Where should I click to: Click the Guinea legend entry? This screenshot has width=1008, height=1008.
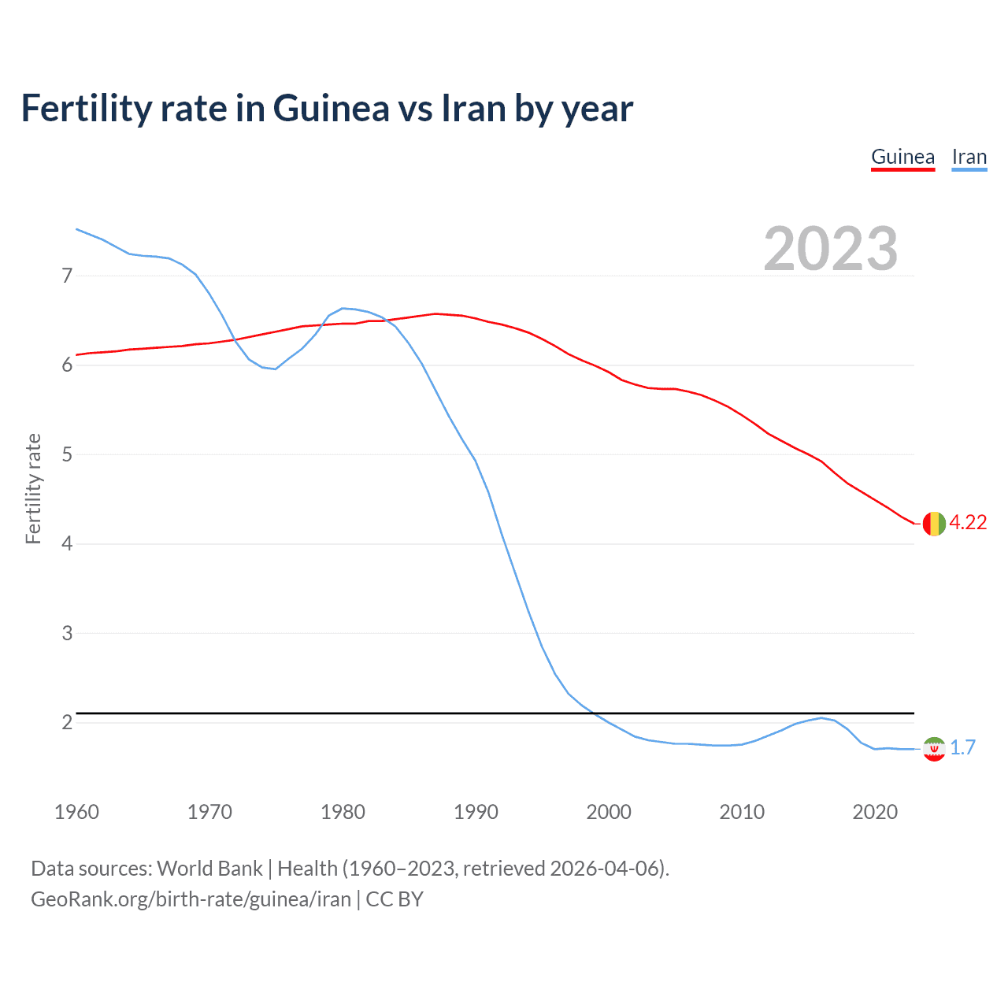[902, 157]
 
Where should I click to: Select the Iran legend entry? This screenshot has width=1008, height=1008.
[969, 157]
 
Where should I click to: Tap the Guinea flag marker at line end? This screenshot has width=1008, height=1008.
[933, 523]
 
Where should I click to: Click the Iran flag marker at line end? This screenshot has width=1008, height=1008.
[933, 749]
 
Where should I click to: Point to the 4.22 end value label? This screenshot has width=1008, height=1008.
[968, 523]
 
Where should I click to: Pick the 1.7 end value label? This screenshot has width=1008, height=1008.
[962, 748]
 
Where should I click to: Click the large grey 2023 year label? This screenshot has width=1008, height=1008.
[830, 249]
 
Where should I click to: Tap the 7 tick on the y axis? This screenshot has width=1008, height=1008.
[67, 276]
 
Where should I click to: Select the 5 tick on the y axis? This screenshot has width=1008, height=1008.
[67, 454]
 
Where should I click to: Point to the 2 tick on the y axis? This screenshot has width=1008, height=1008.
[67, 722]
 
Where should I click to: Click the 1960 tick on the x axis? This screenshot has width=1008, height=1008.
[76, 812]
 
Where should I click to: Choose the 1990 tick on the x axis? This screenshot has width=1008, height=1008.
[476, 812]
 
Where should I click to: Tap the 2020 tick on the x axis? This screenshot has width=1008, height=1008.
[875, 812]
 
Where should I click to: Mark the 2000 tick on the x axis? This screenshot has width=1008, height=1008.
[609, 812]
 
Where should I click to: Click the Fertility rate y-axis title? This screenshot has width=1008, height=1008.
[33, 488]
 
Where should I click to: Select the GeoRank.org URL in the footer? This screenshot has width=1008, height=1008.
[191, 899]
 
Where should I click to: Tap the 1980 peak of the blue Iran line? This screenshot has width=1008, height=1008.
[342, 308]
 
